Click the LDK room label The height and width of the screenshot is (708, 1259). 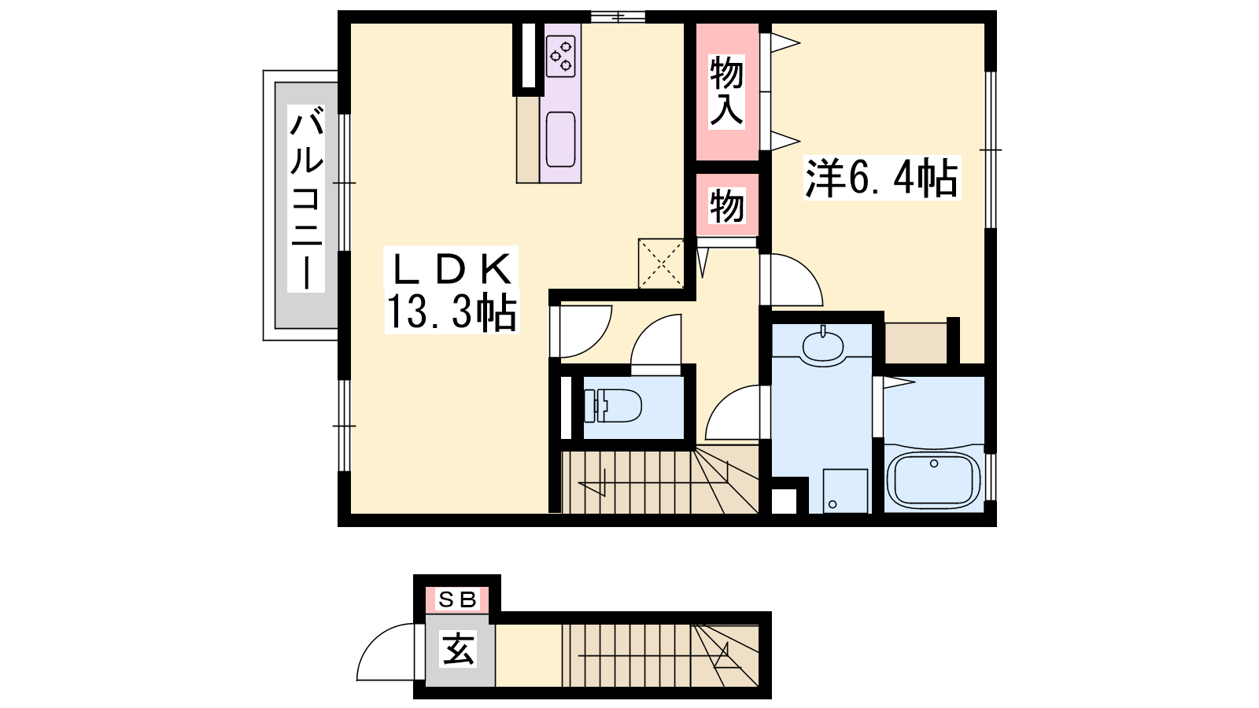(x=452, y=268)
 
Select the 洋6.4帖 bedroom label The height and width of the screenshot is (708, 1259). (x=881, y=178)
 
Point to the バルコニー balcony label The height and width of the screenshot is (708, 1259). (x=306, y=199)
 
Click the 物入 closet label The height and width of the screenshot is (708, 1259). (x=726, y=91)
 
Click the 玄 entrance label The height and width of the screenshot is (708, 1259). (x=458, y=649)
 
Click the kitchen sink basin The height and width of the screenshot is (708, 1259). (x=560, y=139)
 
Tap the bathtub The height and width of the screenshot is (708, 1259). (x=933, y=479)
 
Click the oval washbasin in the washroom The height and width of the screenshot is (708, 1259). (x=823, y=346)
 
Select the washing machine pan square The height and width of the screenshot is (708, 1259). (x=845, y=491)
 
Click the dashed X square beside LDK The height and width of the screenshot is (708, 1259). (x=661, y=264)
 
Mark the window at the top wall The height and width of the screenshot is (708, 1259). (x=618, y=17)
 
